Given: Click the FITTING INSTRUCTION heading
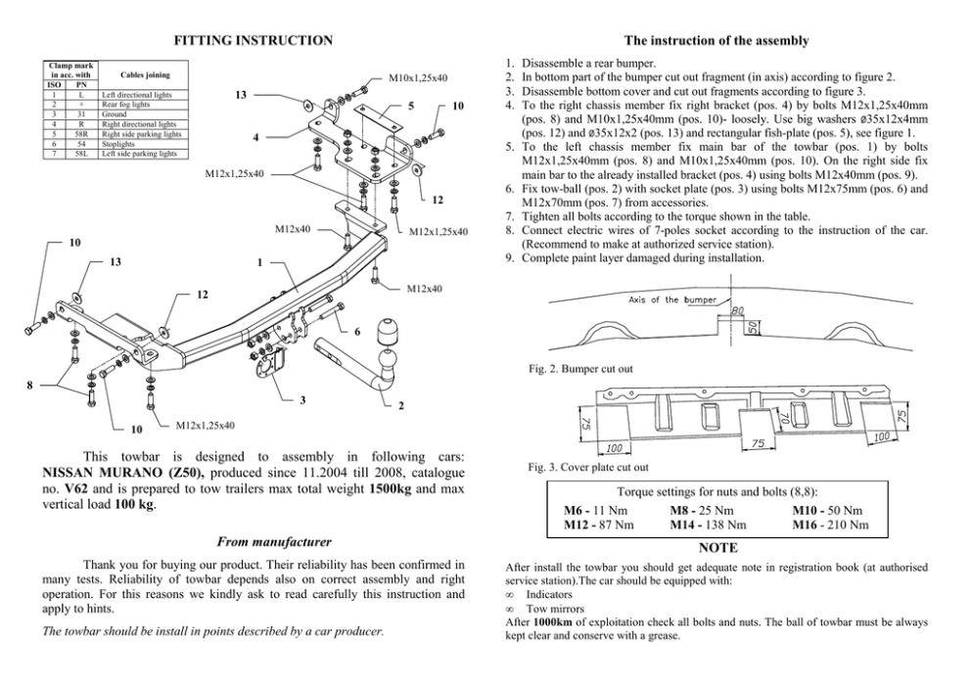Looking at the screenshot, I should pos(253,40).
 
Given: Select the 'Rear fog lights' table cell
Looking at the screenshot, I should pos(124,103).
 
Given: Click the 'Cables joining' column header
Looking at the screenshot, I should pos(145,73).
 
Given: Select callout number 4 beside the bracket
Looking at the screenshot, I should pos(255,136).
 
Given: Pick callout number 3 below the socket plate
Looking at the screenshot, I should pos(301,400).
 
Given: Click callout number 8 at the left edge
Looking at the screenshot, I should pos(30,386).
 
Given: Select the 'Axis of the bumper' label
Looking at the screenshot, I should pos(672,299).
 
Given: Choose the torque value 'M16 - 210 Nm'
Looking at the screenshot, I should pos(830,525).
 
